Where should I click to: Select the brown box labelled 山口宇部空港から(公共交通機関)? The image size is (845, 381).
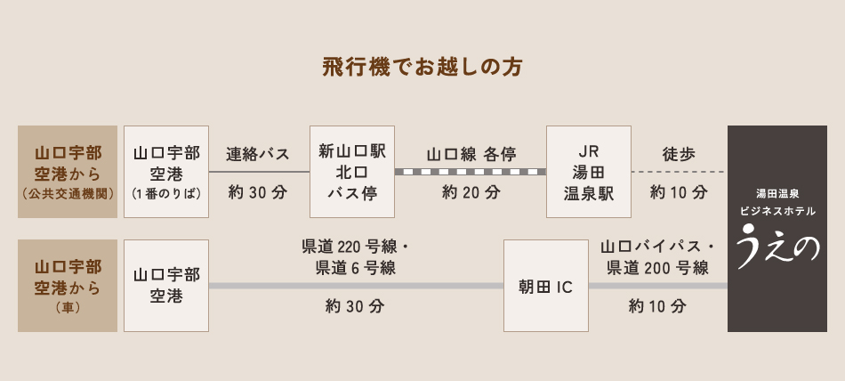coord(68,172)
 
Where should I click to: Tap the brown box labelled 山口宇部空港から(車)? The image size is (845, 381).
coord(68,285)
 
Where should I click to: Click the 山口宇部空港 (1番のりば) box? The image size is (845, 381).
coord(166,172)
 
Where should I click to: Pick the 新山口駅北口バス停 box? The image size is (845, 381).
coord(351,172)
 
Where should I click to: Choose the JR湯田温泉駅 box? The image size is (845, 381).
coord(589,172)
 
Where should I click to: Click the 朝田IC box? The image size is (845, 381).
coord(545,286)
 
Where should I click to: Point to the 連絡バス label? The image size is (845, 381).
coord(258,154)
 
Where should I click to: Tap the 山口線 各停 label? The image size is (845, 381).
coord(471,154)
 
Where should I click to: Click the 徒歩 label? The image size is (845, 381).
coord(679,154)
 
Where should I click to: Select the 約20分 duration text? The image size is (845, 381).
coord(471,191)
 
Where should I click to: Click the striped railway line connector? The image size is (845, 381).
coord(471,172)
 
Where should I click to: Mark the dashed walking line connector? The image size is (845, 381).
coord(679,172)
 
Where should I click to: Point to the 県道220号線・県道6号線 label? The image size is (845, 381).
coord(355,257)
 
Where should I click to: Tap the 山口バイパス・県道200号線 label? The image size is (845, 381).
coord(657,257)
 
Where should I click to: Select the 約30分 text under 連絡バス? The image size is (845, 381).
coord(258,191)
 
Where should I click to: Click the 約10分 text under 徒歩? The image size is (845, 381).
coord(679,191)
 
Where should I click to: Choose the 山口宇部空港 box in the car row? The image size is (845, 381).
coord(166,286)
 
